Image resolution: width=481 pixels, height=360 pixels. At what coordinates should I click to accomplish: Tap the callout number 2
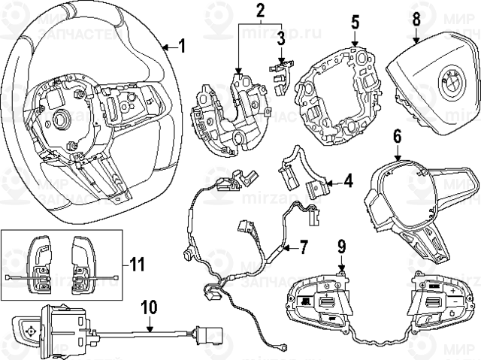click(x=260, y=11)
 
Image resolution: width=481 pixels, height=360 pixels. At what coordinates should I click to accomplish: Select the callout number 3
click(x=279, y=38)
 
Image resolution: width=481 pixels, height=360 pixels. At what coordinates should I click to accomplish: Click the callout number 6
click(x=397, y=136)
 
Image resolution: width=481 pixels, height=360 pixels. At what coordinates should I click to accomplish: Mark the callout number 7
click(x=304, y=246)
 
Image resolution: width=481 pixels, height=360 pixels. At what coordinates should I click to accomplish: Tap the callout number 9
click(x=341, y=244)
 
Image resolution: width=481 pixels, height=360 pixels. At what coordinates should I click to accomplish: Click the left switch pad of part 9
click(x=318, y=301)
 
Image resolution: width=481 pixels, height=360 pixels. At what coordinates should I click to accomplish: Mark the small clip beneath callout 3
click(x=279, y=71)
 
